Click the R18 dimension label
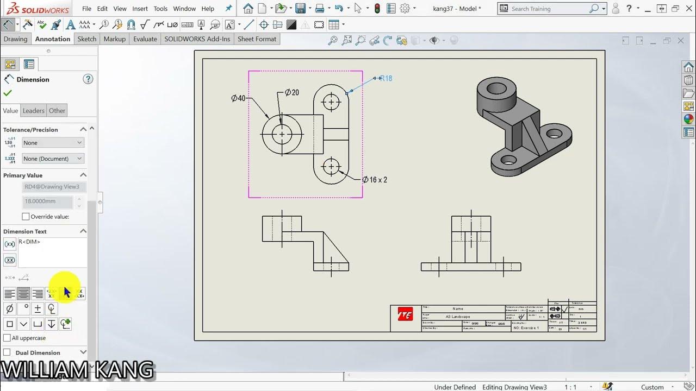tap(386, 78)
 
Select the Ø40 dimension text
tap(238, 98)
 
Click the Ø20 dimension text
tap(291, 93)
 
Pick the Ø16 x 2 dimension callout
tap(375, 180)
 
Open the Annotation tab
tap(53, 39)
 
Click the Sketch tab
tap(86, 39)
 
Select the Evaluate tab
tap(145, 39)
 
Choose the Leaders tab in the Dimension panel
tap(33, 111)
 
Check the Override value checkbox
tap(26, 217)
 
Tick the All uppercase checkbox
tap(7, 338)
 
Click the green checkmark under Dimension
tap(8, 93)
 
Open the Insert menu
tap(140, 9)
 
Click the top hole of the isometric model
tap(497, 87)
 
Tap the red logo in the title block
tap(405, 314)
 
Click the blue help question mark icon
tap(88, 79)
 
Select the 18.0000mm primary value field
tap(48, 201)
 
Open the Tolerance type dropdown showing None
tap(53, 143)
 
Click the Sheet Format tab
tap(257, 39)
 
